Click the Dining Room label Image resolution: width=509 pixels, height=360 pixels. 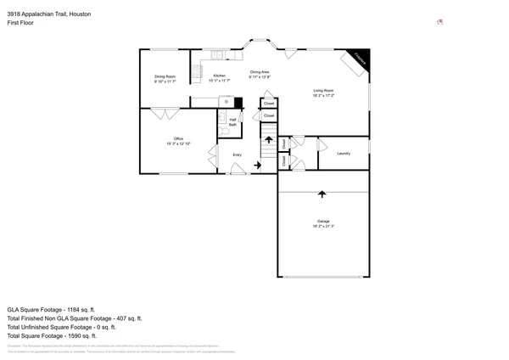[x=165, y=79]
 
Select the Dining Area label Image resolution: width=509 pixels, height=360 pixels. [x=259, y=74]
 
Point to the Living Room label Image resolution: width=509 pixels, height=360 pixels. [x=323, y=93]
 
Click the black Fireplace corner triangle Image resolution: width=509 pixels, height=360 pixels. [x=361, y=56]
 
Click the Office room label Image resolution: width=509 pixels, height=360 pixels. [x=178, y=141]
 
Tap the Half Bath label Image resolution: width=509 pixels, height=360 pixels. [x=232, y=122]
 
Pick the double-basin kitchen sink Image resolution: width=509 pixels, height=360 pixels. [x=217, y=56]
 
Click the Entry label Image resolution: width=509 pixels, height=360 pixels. [x=238, y=155]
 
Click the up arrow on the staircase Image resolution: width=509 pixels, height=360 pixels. [x=269, y=138]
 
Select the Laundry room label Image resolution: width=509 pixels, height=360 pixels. [x=344, y=154]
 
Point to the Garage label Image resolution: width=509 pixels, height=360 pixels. [x=323, y=223]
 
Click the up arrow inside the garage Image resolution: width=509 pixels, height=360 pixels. [x=322, y=194]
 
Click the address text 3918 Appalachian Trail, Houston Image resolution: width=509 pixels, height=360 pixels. [x=49, y=15]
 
